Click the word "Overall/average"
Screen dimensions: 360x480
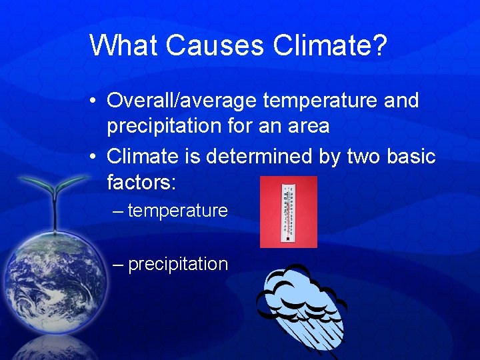tap(182, 101)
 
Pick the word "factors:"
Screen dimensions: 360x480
tap(141, 181)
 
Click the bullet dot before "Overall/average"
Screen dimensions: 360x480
tap(95, 101)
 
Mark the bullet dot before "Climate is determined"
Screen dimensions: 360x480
tap(95, 157)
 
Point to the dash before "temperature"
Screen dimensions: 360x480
tap(118, 211)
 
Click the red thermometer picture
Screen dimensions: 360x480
tap(288, 212)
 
